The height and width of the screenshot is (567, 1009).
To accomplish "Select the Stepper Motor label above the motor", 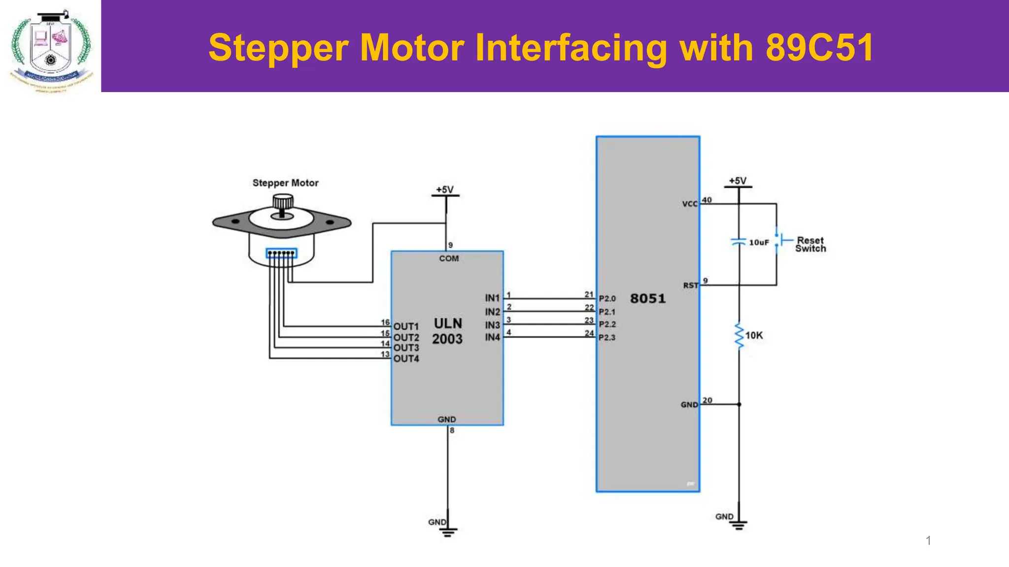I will tap(285, 183).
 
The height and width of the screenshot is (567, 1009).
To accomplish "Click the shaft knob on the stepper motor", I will tap(283, 202).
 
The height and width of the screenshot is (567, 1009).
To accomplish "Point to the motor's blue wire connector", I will tap(281, 253).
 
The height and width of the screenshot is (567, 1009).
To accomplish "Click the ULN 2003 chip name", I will tap(447, 331).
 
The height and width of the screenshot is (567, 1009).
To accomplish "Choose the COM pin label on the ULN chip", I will tap(449, 258).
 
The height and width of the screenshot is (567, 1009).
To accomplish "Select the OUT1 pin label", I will tap(406, 326).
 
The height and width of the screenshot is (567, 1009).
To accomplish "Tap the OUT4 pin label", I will tap(406, 359).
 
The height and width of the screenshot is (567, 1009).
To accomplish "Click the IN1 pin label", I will tap(492, 298).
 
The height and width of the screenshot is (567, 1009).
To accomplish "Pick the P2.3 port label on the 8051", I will tap(607, 338).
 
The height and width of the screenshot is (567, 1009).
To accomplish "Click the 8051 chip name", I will tap(648, 298).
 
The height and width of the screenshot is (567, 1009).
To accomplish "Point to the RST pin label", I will tap(690, 285).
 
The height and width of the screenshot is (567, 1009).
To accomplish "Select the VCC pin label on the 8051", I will tap(690, 204).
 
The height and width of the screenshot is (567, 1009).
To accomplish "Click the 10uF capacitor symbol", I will tap(738, 242).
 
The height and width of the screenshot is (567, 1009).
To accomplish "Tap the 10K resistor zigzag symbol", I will tap(739, 336).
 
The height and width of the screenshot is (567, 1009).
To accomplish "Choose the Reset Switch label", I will tap(810, 244).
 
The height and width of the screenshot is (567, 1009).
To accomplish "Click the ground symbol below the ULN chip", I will tap(448, 531).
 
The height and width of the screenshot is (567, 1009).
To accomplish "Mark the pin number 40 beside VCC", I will tap(707, 200).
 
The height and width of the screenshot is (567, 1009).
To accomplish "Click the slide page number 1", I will tap(928, 540).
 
